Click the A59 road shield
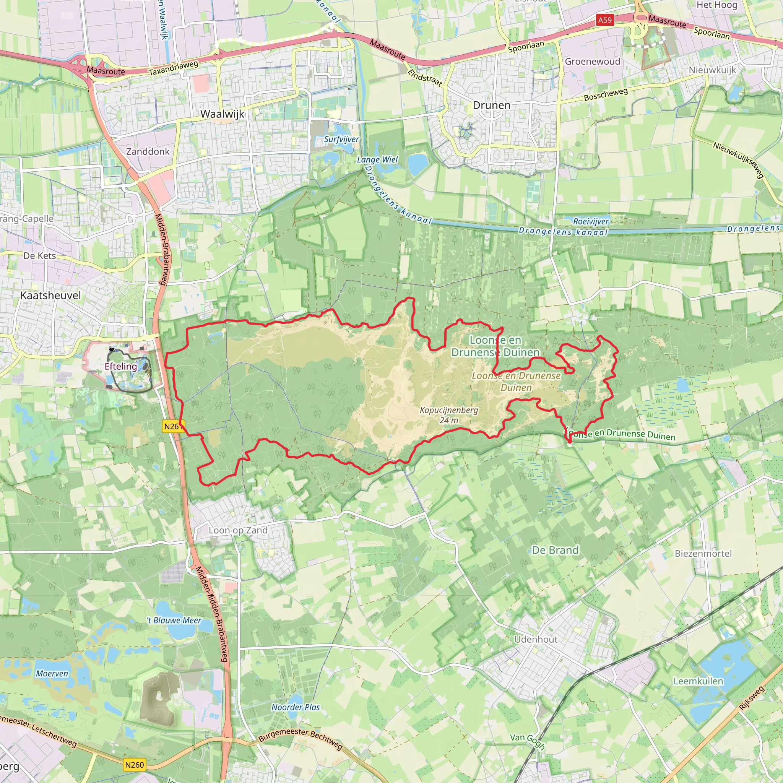tap(605, 20)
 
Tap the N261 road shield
tap(173, 426)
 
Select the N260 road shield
tap(134, 765)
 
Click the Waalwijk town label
tap(223, 114)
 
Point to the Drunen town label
tap(492, 105)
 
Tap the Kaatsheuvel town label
tap(51, 295)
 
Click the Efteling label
tap(121, 366)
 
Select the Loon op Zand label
tap(238, 530)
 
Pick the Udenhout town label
tap(536, 639)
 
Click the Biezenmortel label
tap(703, 553)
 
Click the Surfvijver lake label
tap(341, 139)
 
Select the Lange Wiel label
tap(377, 159)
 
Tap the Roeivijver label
tap(591, 221)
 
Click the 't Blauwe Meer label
tap(174, 621)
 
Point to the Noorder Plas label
tap(296, 707)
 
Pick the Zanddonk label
tap(148, 151)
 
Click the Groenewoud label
tap(593, 61)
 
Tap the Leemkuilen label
tap(698, 681)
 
